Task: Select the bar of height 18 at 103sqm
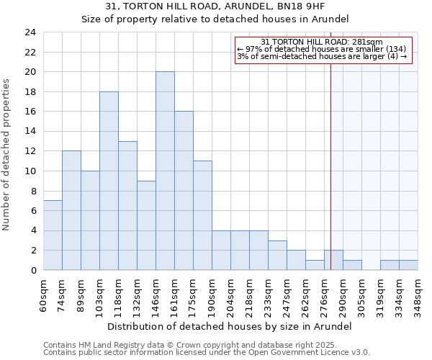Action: (x=109, y=181)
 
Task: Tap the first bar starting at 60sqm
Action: (x=53, y=235)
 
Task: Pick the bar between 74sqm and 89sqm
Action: (x=71, y=210)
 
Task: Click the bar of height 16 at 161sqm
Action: (x=184, y=191)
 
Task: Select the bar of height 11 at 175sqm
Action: (x=202, y=215)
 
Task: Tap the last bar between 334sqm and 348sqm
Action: (x=408, y=265)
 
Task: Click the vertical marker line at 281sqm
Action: (x=331, y=158)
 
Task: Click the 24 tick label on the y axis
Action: (x=30, y=32)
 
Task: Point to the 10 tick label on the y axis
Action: (x=30, y=171)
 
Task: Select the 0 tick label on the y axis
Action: (x=32, y=270)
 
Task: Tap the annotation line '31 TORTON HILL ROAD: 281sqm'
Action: (x=322, y=42)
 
